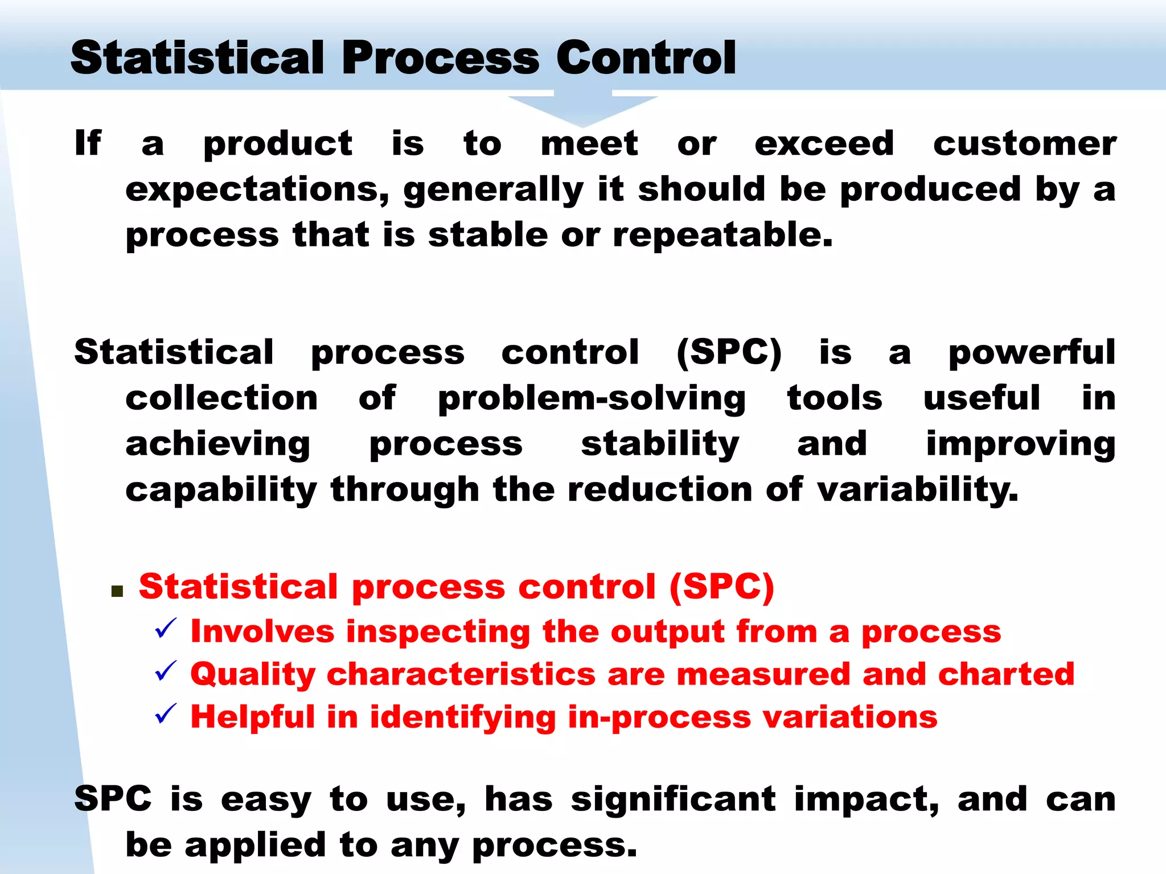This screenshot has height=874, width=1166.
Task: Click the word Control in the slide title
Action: point(646,58)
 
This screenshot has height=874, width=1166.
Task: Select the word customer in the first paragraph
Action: point(1024,143)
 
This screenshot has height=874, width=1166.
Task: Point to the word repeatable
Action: point(722,234)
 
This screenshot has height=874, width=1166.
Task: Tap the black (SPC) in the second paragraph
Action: point(729,353)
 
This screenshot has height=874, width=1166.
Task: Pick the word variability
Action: point(917,489)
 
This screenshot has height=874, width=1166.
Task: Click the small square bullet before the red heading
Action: point(118,592)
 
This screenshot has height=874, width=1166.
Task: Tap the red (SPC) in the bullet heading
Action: point(721,587)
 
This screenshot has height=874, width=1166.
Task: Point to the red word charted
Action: point(1006,674)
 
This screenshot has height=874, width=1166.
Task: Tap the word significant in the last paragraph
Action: point(673,800)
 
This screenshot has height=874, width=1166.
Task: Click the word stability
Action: point(660,445)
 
